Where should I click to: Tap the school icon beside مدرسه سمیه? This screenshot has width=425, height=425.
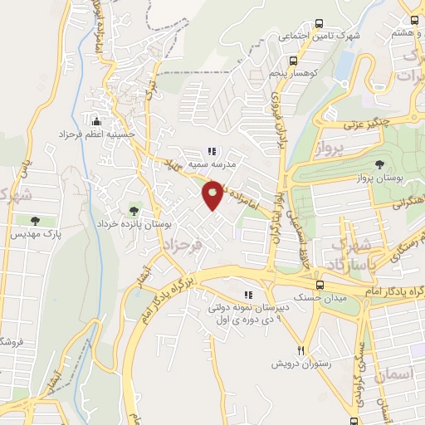(x=211, y=152)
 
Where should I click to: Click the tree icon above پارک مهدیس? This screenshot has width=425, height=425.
(x=35, y=221)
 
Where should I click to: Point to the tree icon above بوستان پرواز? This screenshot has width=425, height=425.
(x=380, y=164)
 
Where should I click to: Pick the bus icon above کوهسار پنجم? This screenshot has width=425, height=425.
(x=292, y=60)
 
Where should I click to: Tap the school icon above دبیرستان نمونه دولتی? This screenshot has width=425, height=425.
(x=247, y=295)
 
